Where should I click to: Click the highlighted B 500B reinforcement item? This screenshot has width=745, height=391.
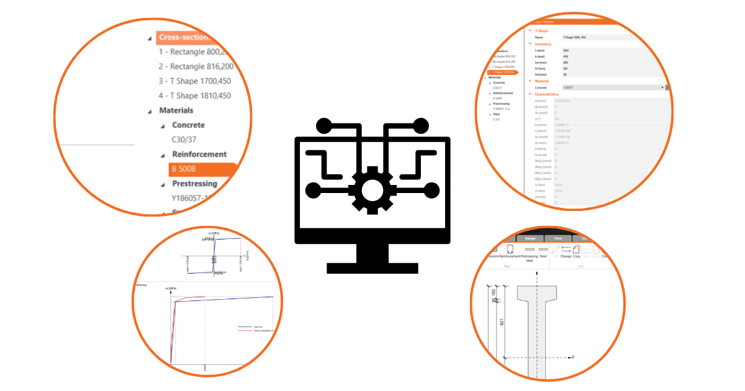pos(202,169)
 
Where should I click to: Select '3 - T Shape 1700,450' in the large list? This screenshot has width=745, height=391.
pos(194,81)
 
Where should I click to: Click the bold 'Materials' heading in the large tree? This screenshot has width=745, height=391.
pos(176,110)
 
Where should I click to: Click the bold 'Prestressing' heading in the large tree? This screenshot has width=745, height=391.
pos(194,184)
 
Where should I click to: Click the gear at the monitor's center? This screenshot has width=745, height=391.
pos(372,189)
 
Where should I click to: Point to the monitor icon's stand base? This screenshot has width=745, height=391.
pos(372,268)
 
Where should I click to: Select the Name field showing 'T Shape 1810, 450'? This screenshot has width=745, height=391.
pos(596,37)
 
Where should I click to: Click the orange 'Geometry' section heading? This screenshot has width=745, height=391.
pos(543,44)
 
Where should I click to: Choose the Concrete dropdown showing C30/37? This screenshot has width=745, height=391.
pos(612,88)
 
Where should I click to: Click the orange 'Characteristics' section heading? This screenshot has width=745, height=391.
pos(548,94)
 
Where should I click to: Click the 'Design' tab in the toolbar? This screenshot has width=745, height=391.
pos(530,238)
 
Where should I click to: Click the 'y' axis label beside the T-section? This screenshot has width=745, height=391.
pos(572,357)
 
